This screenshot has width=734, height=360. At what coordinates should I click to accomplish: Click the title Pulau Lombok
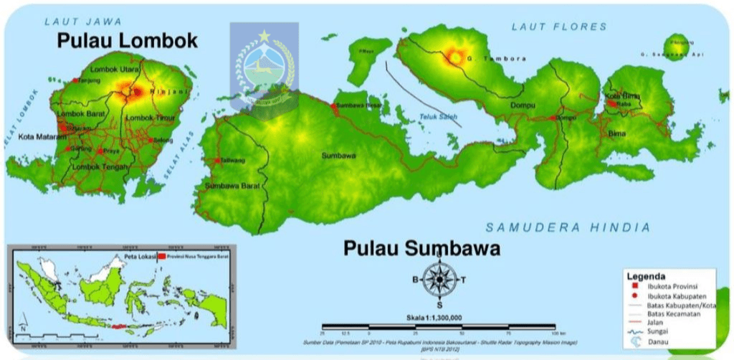click(x=127, y=41)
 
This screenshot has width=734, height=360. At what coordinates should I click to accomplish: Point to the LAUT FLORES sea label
click(x=558, y=27)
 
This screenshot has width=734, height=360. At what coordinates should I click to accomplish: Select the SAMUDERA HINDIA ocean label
click(x=568, y=227)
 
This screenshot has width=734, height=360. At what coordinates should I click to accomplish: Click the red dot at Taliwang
click(x=217, y=161)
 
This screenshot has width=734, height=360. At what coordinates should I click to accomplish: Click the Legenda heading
click(x=646, y=276)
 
